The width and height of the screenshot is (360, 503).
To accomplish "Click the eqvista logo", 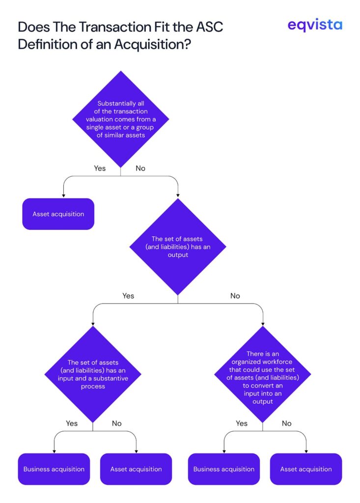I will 314,25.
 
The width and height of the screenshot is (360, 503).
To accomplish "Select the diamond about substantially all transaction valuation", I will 121,119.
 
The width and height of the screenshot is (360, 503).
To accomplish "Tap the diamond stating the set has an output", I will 178,247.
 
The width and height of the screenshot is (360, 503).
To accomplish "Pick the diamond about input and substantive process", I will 93,374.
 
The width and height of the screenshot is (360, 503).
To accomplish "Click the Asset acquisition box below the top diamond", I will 58,214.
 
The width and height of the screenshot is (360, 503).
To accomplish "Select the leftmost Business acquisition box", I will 54,469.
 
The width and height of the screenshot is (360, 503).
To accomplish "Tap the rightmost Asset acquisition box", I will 306,469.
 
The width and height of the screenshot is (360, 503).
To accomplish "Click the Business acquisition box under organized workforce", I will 224,469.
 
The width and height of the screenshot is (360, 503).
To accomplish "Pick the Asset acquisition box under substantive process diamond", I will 136,469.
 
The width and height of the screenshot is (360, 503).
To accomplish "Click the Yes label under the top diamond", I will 100,168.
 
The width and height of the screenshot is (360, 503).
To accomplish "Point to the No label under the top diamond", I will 140,168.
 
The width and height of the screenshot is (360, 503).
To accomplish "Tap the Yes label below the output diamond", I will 128,296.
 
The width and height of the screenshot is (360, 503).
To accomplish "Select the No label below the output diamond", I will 235,296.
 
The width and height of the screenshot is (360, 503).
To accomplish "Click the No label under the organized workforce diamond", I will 286,423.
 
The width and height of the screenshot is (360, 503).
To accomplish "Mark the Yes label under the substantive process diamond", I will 72,423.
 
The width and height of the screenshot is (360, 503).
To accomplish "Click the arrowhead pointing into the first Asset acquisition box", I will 63,196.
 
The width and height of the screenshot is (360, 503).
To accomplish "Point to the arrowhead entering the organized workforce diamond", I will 263,324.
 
